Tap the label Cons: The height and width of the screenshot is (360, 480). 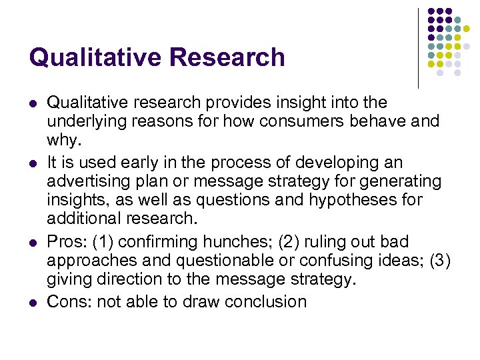[x=69, y=301]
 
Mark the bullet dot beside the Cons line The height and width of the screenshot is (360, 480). [x=33, y=302]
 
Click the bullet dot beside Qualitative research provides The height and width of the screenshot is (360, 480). [x=33, y=103]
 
